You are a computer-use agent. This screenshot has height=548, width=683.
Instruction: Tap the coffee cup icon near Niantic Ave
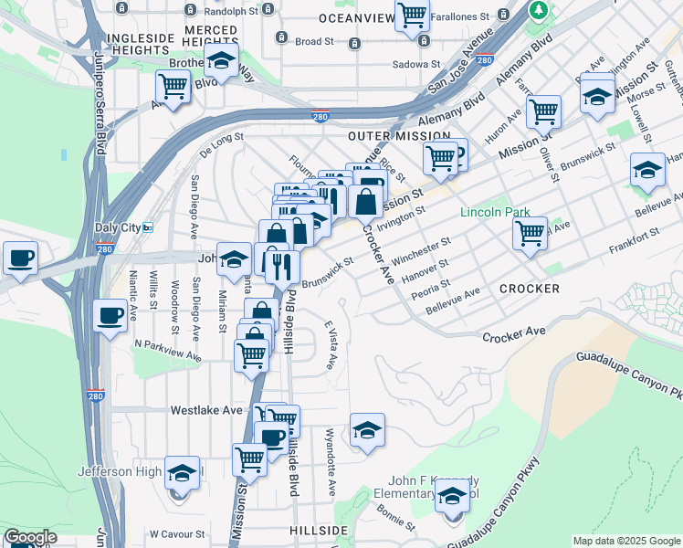click(110, 318)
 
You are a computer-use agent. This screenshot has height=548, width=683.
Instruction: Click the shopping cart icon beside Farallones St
click(413, 16)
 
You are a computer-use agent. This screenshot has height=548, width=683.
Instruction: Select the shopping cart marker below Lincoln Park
click(530, 234)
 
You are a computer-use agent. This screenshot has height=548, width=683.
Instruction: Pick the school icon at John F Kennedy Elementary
click(452, 498)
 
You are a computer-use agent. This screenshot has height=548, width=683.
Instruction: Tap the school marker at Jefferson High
click(183, 473)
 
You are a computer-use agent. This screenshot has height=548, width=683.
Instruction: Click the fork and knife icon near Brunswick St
click(281, 265)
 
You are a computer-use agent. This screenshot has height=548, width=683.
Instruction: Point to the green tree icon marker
click(540, 10)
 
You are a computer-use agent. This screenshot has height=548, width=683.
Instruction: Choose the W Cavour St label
click(179, 533)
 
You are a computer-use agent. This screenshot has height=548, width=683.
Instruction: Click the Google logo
click(30, 537)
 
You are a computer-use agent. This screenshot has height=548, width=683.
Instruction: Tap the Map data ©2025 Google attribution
click(626, 541)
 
